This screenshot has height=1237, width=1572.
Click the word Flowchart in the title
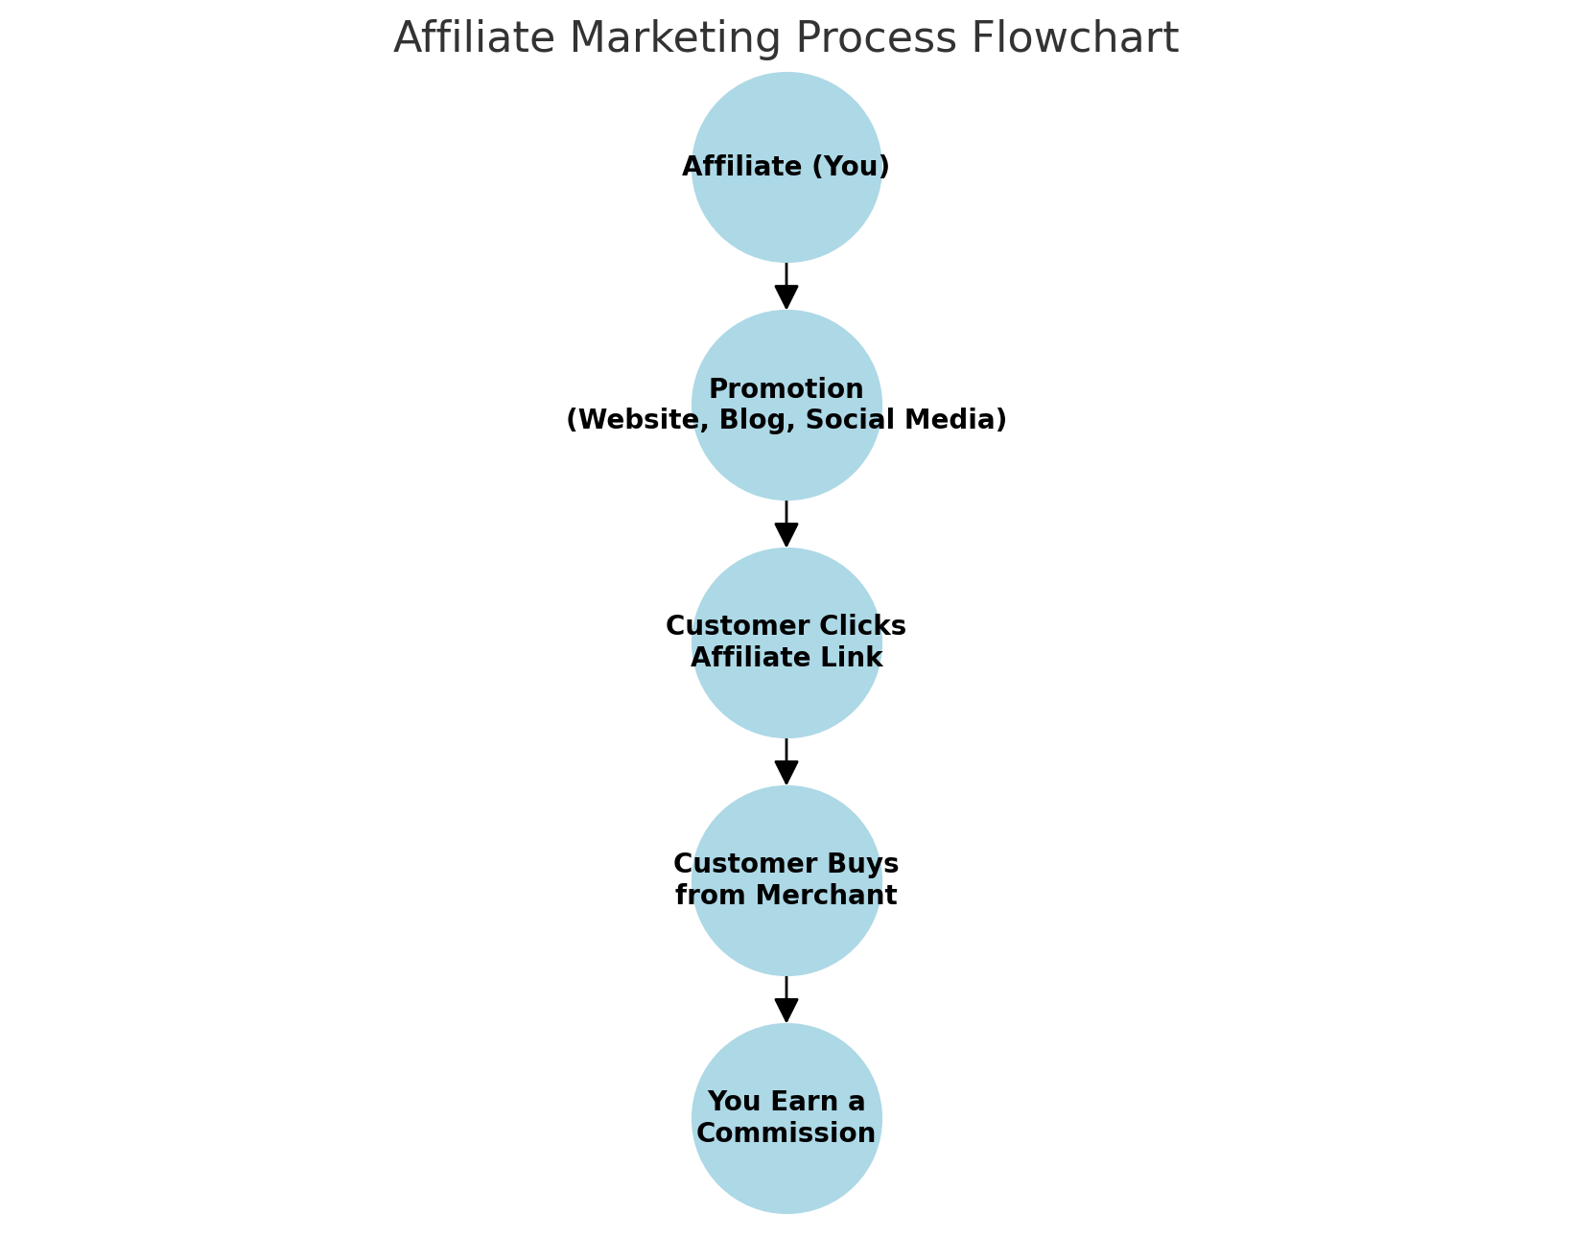point(1074,37)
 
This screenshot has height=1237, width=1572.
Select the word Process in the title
point(876,37)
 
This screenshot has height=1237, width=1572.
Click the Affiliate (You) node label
point(786,167)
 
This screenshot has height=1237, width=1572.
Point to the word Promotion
point(786,388)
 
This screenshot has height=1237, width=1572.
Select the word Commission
point(786,1133)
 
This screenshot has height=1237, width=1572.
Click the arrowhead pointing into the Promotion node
point(786,298)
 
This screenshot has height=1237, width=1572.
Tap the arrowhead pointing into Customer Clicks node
point(786,535)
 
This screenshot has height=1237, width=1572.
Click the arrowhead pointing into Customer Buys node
point(786,773)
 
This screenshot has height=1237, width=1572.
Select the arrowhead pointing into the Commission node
point(786,1012)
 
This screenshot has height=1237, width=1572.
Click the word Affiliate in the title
point(474,37)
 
